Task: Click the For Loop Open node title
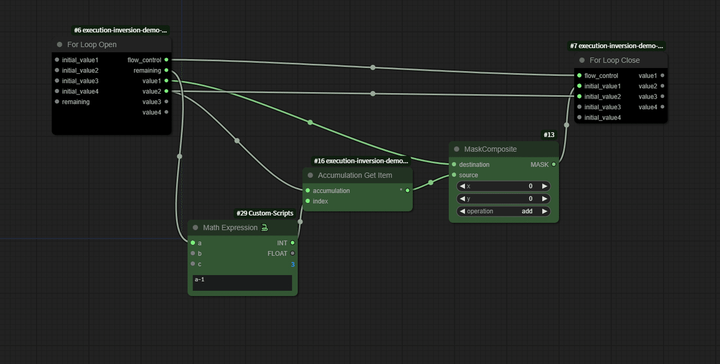tap(92, 44)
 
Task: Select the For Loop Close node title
tap(614, 60)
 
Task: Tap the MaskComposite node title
tap(490, 149)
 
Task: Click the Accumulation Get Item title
tap(355, 175)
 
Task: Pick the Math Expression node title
tap(230, 228)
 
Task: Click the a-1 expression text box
tap(242, 282)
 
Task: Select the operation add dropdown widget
tap(503, 211)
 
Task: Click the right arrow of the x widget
tap(544, 186)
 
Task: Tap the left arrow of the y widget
tap(463, 199)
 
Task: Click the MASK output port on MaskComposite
tap(554, 165)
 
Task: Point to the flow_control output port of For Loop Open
tap(166, 60)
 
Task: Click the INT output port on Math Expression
tap(293, 243)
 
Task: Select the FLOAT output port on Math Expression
tap(293, 253)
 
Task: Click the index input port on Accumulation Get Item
tap(308, 201)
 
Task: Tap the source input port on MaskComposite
tap(454, 175)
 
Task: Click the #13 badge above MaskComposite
tap(549, 135)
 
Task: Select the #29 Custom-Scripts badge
tap(265, 213)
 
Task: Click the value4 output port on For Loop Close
tap(662, 107)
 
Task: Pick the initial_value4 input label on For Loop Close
tap(602, 118)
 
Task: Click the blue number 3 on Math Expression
tap(293, 264)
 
